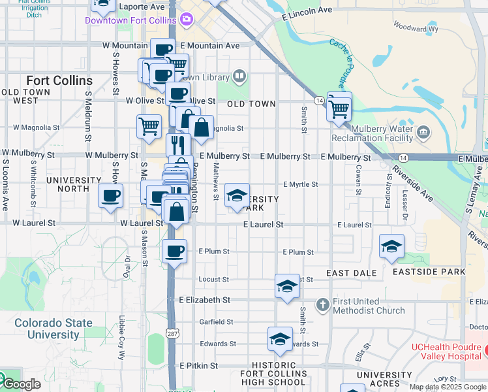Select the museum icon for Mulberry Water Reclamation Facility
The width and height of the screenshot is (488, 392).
coord(423,134)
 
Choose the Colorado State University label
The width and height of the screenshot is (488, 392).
coord(53,329)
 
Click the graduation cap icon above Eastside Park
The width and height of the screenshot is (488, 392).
coord(391,247)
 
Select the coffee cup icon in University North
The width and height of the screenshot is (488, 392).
coord(110,195)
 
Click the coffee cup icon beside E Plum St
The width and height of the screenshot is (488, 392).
coord(174,251)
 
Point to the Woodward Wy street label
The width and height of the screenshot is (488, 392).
coord(415,27)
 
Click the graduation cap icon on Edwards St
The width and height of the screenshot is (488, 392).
coord(280,339)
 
